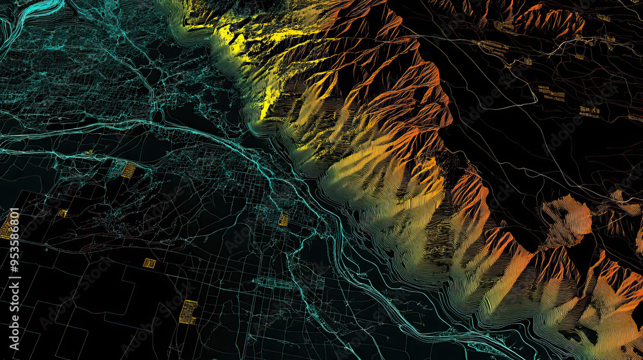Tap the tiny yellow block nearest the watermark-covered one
pos(62,213)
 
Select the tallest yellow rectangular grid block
pos(188,311)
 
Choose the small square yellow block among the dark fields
pos(149,263)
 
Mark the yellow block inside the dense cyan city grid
pos(284,220)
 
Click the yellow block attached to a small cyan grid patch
pos(129,170)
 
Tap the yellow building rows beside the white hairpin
pos(551,94)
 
